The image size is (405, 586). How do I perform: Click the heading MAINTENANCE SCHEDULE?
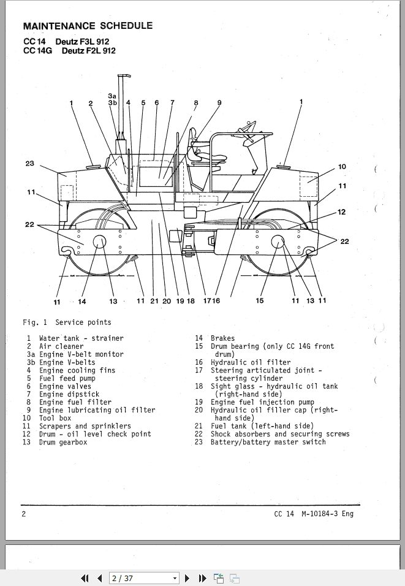(88, 26)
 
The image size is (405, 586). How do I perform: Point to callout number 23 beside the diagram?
(29, 163)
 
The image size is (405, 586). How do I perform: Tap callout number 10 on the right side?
(342, 166)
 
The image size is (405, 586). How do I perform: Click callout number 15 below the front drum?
(260, 300)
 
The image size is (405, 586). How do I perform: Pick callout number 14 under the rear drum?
(82, 301)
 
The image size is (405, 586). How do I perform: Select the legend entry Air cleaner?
(61, 346)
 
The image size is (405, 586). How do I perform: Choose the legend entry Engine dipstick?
(69, 394)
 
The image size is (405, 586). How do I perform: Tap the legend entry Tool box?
(55, 418)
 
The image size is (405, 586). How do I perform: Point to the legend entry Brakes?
(222, 338)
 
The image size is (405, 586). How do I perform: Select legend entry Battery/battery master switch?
(268, 442)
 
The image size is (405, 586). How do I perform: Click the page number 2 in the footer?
(24, 514)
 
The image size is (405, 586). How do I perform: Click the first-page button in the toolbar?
(85, 578)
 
